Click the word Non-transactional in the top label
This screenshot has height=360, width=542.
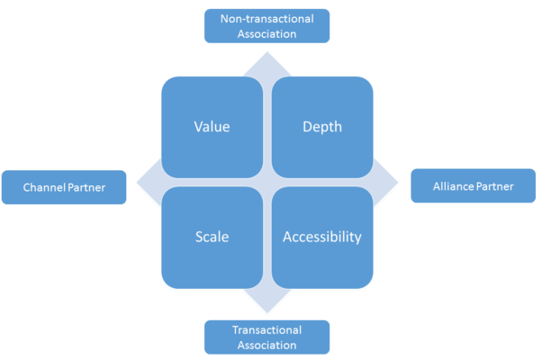(267, 20)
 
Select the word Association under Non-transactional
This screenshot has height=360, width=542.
(267, 34)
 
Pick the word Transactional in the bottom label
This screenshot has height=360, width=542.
(267, 329)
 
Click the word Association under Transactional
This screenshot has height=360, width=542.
(267, 344)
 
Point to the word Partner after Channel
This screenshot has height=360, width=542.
(87, 188)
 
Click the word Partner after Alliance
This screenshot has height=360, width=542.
(496, 187)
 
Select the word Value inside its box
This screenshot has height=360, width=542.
(212, 127)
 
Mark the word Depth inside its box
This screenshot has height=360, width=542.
(322, 127)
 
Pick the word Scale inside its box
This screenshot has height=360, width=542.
(212, 238)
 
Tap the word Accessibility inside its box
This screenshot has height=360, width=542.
(322, 238)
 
